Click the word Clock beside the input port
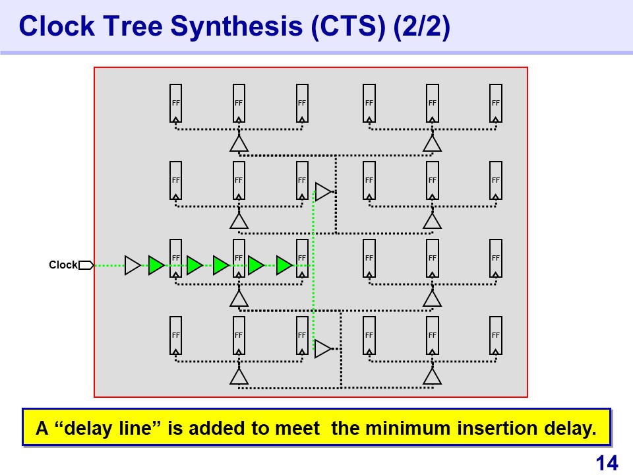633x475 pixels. click(x=63, y=265)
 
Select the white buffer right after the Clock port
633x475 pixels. click(x=133, y=265)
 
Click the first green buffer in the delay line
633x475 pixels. click(x=156, y=265)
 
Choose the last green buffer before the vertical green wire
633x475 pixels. click(x=284, y=265)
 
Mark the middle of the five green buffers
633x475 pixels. click(x=221, y=265)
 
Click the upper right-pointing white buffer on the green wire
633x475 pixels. click(x=323, y=192)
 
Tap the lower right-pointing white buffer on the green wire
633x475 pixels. click(x=323, y=348)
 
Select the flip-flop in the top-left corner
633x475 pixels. click(x=176, y=103)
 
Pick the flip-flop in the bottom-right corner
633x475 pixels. click(x=496, y=335)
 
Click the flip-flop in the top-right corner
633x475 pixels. click(x=496, y=103)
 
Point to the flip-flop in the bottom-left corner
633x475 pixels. click(x=176, y=335)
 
